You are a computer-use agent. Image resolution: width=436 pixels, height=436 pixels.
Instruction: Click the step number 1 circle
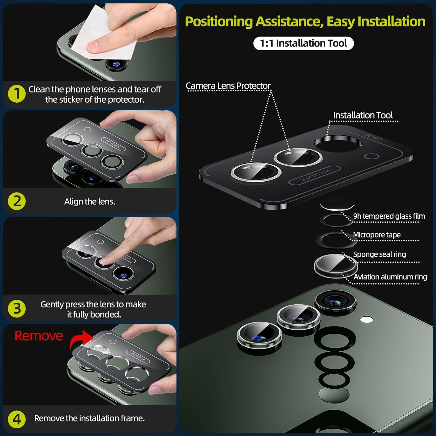coord(17,94)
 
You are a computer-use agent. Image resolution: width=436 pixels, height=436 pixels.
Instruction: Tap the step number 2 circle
coord(17,201)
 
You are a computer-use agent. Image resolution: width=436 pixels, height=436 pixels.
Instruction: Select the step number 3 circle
coord(17,308)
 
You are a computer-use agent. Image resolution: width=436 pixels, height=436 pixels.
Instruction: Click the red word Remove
coord(39,336)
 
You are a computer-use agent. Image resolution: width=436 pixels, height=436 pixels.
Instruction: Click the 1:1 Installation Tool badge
coord(303,43)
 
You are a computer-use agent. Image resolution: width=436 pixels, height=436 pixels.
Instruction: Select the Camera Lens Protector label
coord(228,86)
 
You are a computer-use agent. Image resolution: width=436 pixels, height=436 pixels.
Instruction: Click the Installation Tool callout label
coord(363,115)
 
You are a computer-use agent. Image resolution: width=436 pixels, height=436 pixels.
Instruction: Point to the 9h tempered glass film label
coord(389,216)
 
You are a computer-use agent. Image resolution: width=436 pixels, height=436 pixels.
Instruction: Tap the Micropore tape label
coord(377,235)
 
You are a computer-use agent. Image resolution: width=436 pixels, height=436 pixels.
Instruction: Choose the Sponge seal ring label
coord(380,254)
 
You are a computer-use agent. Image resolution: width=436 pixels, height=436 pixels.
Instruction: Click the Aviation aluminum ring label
coord(390,277)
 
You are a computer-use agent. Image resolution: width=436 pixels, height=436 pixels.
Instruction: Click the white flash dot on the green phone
coord(367,320)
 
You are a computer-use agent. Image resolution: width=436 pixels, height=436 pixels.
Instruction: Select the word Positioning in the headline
coord(219,22)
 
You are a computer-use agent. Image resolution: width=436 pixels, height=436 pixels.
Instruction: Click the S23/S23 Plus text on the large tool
coord(315,175)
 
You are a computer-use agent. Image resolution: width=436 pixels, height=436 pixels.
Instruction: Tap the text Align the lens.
coord(90,201)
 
